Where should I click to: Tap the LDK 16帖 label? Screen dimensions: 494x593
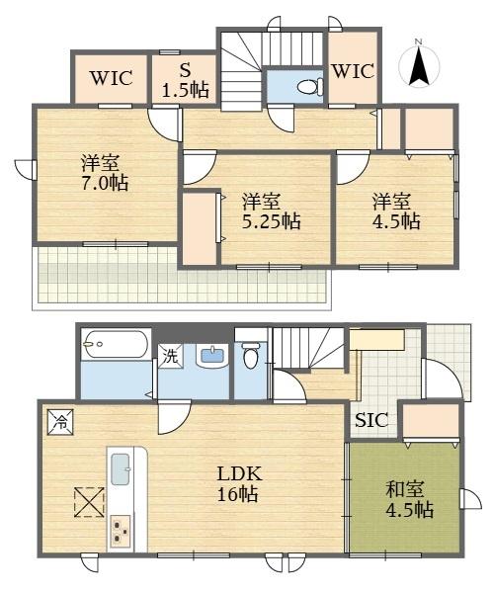[238, 483]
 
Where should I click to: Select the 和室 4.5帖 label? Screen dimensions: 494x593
[409, 499]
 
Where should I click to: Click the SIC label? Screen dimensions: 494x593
[371, 420]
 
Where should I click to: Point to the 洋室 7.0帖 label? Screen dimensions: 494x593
[105, 173]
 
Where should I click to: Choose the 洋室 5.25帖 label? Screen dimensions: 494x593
[271, 212]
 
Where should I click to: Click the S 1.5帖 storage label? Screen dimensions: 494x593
[185, 81]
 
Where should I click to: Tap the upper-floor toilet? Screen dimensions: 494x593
[310, 87]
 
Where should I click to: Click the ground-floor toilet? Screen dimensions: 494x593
[250, 355]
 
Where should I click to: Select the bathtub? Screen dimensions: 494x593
[115, 345]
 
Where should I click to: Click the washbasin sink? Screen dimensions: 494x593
[212, 356]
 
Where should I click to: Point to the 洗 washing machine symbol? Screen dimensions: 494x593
[170, 356]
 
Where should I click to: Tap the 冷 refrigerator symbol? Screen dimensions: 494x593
[60, 422]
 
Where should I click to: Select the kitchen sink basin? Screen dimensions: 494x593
[121, 469]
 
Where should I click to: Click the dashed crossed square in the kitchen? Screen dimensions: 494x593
[89, 502]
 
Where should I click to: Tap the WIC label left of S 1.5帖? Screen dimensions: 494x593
[111, 78]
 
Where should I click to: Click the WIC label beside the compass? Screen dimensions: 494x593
[353, 71]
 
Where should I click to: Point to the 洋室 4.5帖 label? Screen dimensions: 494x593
[396, 212]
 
